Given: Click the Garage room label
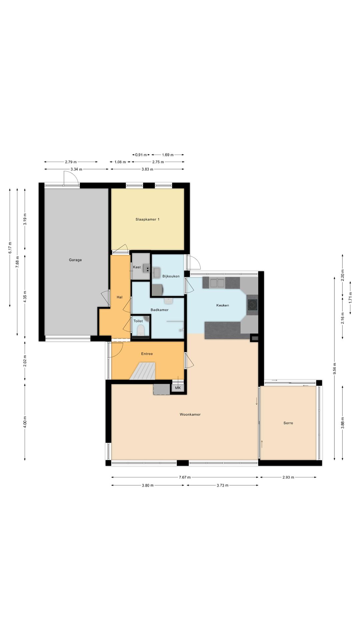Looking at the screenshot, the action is [75, 260].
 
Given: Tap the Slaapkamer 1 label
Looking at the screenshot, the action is [147, 219].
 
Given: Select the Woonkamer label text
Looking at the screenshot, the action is [190, 414].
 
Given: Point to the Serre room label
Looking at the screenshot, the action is [288, 423].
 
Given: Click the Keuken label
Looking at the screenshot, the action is [223, 305].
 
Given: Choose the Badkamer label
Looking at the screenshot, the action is [159, 310].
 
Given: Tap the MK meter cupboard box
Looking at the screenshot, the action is [178, 388].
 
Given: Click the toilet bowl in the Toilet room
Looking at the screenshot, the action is [141, 330].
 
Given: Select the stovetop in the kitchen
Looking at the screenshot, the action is [252, 305].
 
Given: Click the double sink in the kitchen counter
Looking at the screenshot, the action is [217, 283].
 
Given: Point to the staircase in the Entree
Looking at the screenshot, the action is [143, 371].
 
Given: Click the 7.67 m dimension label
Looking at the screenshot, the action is [185, 477].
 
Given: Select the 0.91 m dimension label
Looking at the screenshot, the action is [141, 155].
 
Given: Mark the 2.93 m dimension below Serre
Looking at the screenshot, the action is [288, 477].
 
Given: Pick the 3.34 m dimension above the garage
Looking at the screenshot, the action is [76, 169].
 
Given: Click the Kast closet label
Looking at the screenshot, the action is [137, 267].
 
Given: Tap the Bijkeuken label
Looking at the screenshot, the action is [171, 276].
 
